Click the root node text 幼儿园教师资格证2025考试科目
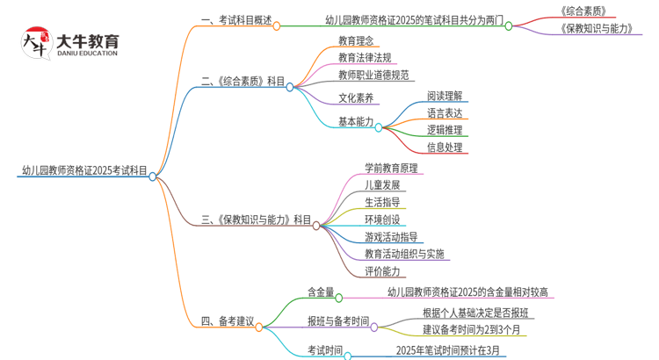point(84,170)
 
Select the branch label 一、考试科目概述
point(235,19)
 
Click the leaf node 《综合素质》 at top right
point(583,11)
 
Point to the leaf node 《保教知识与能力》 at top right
point(600,29)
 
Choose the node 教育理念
point(356,40)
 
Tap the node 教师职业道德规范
point(373,75)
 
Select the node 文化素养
point(356,97)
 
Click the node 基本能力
point(356,120)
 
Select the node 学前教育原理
point(390,167)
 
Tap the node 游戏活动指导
point(390,236)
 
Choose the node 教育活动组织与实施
point(404,254)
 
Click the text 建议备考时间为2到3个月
point(472,329)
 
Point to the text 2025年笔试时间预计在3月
point(451,350)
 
